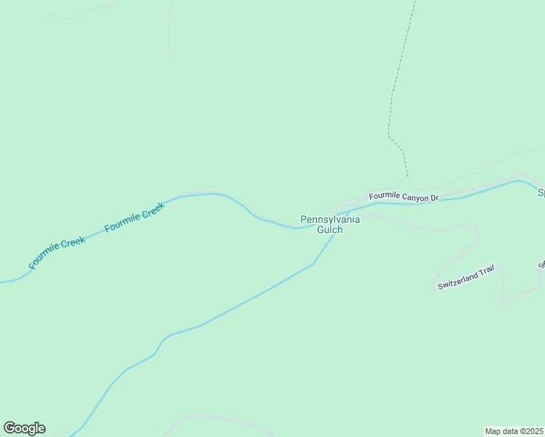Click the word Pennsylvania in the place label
tap(330, 219)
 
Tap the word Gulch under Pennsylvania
tap(329, 229)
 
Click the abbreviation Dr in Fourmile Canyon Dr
tap(434, 197)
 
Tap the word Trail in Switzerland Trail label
tap(487, 270)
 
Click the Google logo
tap(24, 428)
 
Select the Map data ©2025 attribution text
tap(514, 431)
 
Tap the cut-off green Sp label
tap(541, 193)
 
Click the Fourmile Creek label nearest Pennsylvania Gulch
tap(135, 217)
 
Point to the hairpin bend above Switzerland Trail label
tap(476, 232)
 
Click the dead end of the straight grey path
tap(170, 52)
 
